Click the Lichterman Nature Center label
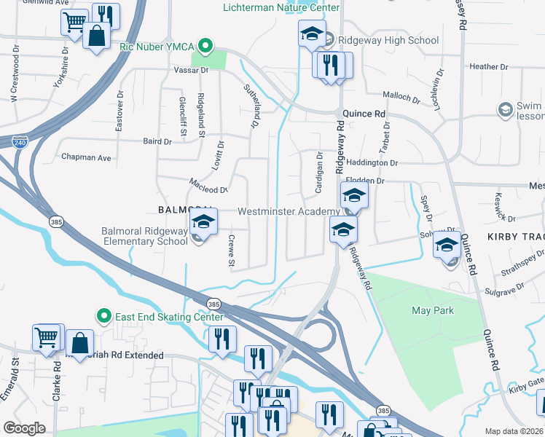point(281,7)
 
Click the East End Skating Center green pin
point(103,316)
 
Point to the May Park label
point(433,310)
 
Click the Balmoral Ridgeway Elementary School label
point(144,237)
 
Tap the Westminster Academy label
point(289,211)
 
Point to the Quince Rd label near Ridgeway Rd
point(364,114)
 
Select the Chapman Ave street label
point(86,157)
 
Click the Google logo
point(24,428)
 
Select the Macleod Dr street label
point(210,189)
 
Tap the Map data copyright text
point(514,431)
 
